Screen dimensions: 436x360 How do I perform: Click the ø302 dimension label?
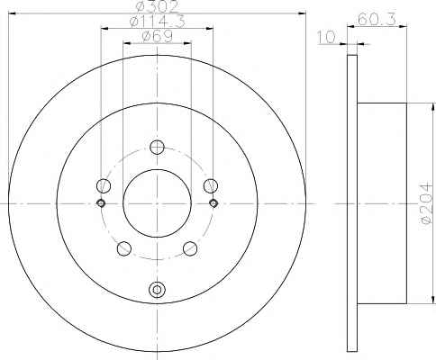[x=157, y=6]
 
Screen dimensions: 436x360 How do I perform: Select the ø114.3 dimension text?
[x=157, y=22]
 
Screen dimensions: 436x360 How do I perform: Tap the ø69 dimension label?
[x=157, y=37]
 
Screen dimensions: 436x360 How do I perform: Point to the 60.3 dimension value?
[x=377, y=20]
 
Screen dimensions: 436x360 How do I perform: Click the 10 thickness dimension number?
[x=327, y=37]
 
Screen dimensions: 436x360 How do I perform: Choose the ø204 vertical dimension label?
[x=427, y=204]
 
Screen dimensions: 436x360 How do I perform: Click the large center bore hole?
[x=157, y=203]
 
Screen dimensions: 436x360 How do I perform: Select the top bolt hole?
[x=157, y=147]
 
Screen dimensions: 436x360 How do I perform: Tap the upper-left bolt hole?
[x=104, y=185]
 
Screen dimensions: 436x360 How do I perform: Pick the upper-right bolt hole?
[x=211, y=185]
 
